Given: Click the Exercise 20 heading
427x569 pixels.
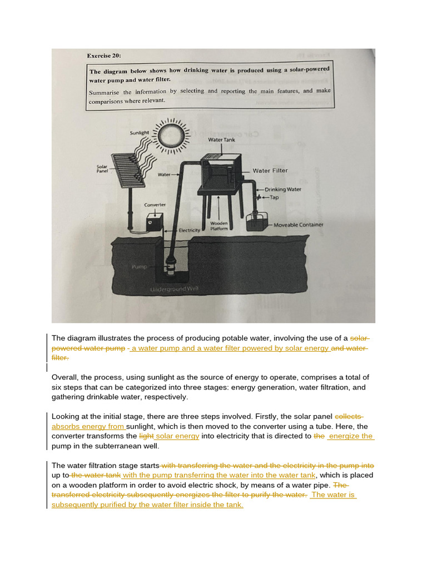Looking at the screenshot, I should point(103,56).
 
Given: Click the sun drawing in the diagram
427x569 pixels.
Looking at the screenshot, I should point(169,135).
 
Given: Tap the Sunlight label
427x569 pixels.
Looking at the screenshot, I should point(140,133).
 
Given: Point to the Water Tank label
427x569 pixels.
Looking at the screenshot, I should point(221,140).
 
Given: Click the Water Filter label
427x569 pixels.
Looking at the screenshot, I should point(270,171).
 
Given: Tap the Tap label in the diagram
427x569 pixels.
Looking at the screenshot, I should point(274,197).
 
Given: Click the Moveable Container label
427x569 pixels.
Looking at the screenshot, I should point(298,225).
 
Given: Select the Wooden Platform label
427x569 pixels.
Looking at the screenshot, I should point(219,226).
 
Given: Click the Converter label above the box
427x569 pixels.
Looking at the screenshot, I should point(155,204).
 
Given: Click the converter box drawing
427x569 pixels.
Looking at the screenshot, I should point(154,223).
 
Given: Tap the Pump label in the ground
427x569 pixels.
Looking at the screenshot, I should point(138,267).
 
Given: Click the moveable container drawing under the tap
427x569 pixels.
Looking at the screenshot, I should point(257,223).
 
